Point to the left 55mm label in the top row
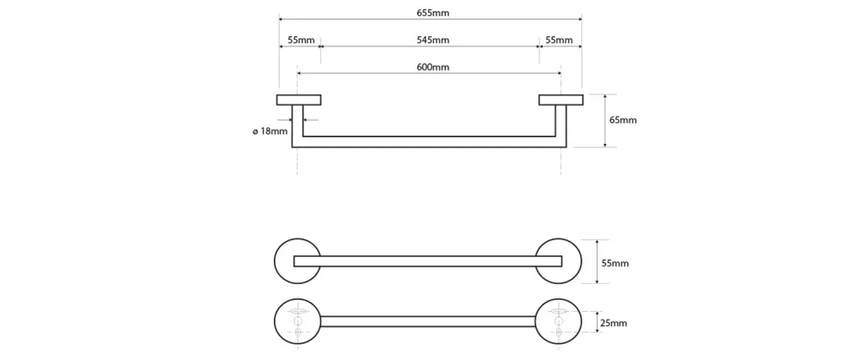(300, 40)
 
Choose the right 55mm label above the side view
(559, 40)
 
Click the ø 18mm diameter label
(270, 131)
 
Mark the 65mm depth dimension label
(623, 120)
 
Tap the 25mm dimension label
(613, 323)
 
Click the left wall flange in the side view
(298, 99)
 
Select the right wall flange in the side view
(560, 99)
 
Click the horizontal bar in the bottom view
(428, 320)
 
